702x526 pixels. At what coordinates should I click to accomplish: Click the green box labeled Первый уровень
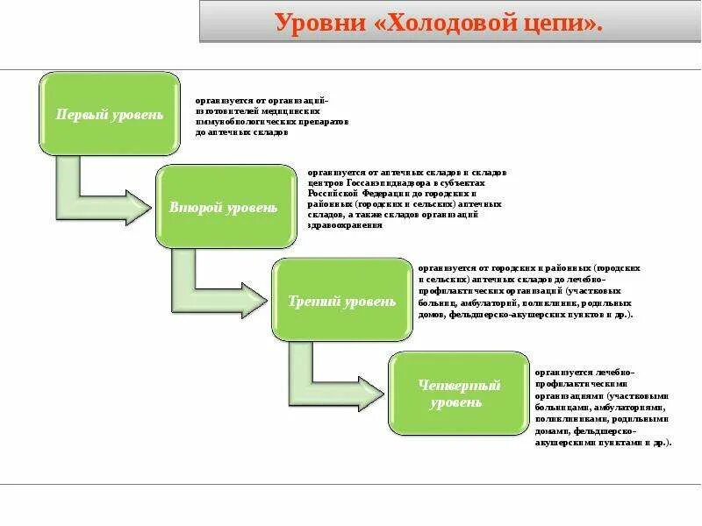(x=109, y=114)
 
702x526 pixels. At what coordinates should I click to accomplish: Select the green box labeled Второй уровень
(x=226, y=207)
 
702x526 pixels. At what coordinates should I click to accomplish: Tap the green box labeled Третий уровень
(x=342, y=301)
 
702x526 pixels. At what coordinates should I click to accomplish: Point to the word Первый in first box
(x=82, y=115)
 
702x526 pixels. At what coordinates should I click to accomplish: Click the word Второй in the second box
(x=192, y=208)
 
